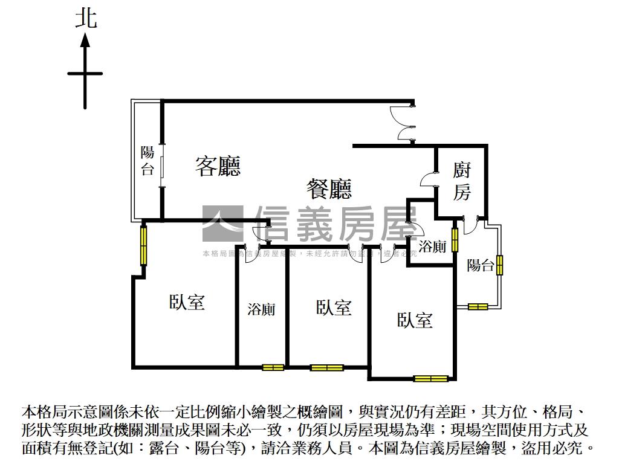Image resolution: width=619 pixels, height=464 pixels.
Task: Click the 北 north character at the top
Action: point(86,18)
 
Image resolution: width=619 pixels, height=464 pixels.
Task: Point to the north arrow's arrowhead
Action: point(85,40)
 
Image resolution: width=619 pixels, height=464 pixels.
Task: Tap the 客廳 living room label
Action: point(218,166)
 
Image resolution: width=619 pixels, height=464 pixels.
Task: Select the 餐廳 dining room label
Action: point(329,190)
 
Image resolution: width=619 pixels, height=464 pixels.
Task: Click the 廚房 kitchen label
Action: point(462,181)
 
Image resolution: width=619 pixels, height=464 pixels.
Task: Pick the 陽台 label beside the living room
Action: point(147,161)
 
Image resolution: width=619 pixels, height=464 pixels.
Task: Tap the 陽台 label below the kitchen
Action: point(481,265)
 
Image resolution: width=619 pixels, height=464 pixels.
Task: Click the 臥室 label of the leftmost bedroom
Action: point(187,302)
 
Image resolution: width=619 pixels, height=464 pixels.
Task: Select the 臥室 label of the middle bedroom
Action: point(334,308)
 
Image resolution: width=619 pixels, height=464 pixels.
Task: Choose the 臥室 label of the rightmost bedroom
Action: point(415,320)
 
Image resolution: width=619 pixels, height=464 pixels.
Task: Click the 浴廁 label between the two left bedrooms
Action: point(261,309)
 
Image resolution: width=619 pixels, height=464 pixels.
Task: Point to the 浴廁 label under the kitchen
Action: point(432,246)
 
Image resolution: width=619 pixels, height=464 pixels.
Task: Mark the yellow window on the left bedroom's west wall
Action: point(144,244)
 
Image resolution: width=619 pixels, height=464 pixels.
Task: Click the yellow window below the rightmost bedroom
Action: point(431,379)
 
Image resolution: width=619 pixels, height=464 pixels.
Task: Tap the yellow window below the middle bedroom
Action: point(326,367)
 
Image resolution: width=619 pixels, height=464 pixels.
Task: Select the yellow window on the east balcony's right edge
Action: point(500,265)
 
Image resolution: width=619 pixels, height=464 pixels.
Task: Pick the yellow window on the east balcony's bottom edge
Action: point(478,307)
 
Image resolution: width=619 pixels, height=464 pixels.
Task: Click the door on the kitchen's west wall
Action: point(430,179)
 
